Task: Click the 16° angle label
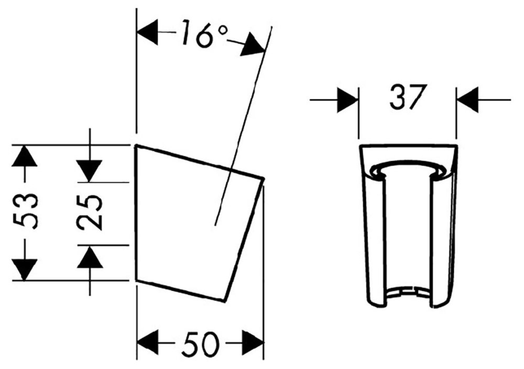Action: click(204, 34)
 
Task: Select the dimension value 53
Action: click(25, 211)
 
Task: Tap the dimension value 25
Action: click(90, 214)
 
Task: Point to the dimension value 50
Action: click(201, 344)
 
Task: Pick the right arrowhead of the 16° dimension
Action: click(253, 46)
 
